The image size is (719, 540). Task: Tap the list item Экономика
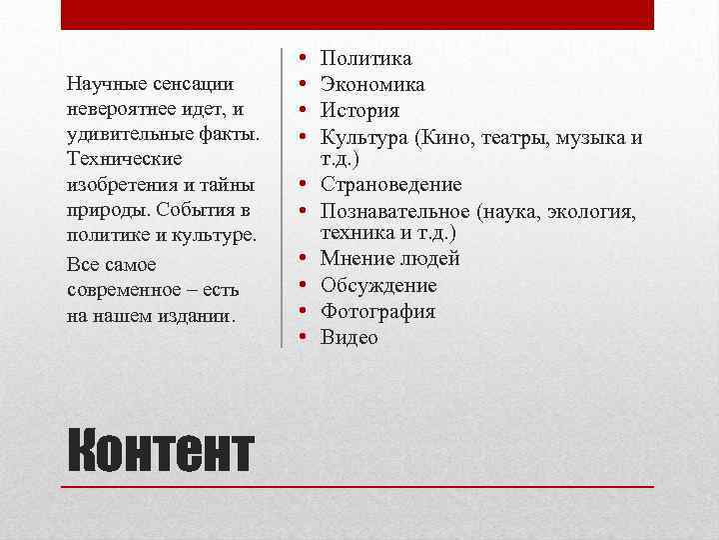pyautogui.click(x=372, y=85)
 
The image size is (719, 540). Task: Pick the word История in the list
pyautogui.click(x=359, y=110)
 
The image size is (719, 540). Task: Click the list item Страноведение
pyautogui.click(x=390, y=185)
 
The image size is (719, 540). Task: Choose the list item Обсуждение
pyautogui.click(x=378, y=286)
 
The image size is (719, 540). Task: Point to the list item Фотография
pyautogui.click(x=377, y=311)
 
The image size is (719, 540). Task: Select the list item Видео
pyautogui.click(x=350, y=337)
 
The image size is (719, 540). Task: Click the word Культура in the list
pyautogui.click(x=364, y=136)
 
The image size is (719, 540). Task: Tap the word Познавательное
pyautogui.click(x=395, y=211)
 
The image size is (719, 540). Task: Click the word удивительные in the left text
pyautogui.click(x=121, y=133)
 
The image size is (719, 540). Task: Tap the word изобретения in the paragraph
pyautogui.click(x=118, y=185)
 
